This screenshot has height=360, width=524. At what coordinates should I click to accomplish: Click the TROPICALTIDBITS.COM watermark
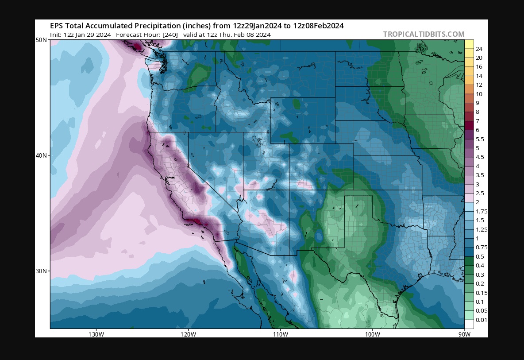point(424,34)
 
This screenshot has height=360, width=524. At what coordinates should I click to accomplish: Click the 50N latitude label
point(42,40)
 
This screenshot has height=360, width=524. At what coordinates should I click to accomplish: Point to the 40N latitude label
point(42,155)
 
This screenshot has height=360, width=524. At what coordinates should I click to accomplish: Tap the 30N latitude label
point(42,271)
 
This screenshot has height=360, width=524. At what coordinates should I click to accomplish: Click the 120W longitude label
point(188,334)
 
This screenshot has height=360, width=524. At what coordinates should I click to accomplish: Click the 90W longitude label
point(464,334)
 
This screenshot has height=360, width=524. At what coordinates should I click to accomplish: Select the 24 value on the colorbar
point(479,49)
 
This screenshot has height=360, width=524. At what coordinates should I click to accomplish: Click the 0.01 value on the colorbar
point(481,320)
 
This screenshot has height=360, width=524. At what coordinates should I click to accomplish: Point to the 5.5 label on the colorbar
point(480,139)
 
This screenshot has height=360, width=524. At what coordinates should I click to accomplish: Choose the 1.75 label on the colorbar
point(481,211)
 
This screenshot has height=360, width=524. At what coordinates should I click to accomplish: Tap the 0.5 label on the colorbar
point(480,256)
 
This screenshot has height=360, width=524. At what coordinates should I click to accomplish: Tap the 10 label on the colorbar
point(479,94)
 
